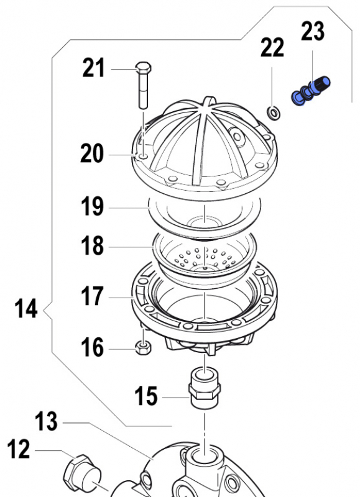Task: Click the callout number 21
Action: tap(95, 68)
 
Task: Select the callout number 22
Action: tap(272, 47)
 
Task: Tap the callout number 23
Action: tap(313, 30)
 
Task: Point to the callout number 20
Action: tap(92, 153)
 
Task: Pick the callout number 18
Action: tap(92, 246)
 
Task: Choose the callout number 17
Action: tap(92, 296)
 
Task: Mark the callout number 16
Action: tap(92, 347)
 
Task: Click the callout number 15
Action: tap(147, 396)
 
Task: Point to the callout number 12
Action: tap(19, 449)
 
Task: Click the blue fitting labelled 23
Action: tap(310, 91)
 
